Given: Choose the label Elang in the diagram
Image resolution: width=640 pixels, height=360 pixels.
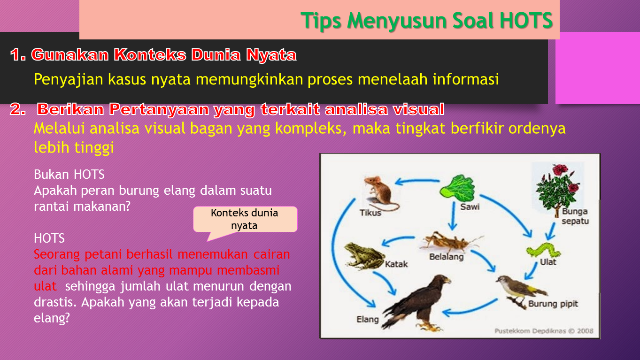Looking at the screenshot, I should pyautogui.click(x=367, y=319).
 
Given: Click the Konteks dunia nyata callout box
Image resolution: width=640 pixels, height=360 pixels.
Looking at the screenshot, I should pyautogui.click(x=245, y=219).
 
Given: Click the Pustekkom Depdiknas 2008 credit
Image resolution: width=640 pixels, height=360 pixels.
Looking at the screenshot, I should pyautogui.click(x=543, y=330).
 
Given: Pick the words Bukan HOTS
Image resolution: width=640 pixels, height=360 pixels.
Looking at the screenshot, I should pyautogui.click(x=69, y=175).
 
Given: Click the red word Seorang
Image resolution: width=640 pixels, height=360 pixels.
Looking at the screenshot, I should pyautogui.click(x=57, y=254).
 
